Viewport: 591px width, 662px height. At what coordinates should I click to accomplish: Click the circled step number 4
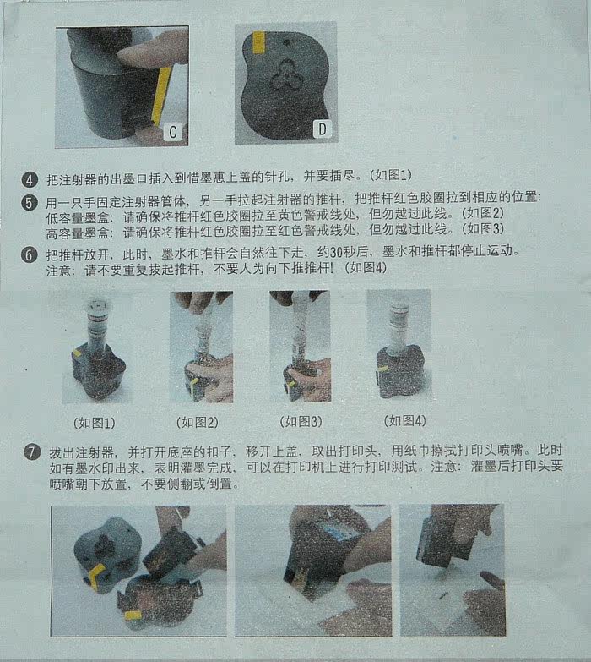click(x=29, y=180)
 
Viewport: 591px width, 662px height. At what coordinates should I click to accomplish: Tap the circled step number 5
click(x=29, y=202)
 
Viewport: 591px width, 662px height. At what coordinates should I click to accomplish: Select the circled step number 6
click(x=29, y=255)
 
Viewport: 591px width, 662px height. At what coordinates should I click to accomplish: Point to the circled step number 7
click(x=31, y=452)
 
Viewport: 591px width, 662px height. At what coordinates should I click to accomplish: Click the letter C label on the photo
click(x=173, y=132)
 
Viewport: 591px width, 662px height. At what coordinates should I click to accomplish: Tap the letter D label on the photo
click(x=323, y=129)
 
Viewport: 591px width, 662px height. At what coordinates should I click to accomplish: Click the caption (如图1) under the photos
click(x=95, y=423)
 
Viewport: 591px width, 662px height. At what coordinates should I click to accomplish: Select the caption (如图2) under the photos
click(x=198, y=422)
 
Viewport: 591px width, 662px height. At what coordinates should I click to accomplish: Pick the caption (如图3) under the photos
click(x=301, y=421)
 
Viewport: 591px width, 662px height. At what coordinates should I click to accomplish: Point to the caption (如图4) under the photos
click(x=404, y=420)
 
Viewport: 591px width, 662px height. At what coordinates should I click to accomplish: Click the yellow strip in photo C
click(x=161, y=96)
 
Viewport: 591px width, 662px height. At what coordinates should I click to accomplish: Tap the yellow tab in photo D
click(x=258, y=42)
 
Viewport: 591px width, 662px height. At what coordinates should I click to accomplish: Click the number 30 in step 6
click(x=338, y=252)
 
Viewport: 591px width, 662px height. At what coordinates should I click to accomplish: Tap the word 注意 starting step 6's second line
click(x=58, y=271)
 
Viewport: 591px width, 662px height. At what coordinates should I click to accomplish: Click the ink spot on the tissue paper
click(x=443, y=596)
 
